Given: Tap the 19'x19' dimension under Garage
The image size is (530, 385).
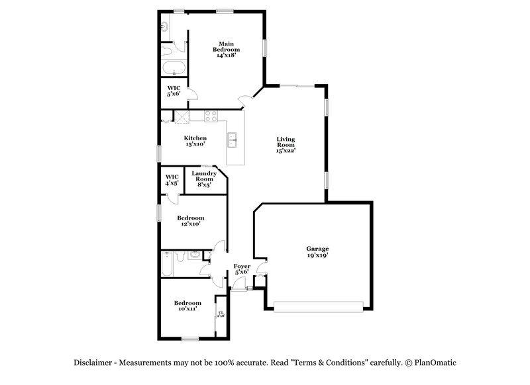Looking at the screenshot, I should coord(317,255).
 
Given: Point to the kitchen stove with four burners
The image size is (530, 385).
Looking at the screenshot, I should coord(211,116).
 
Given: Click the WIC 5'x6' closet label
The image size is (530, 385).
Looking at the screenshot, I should coord(174,91).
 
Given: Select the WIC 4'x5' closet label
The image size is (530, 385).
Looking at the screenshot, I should coord(172,179).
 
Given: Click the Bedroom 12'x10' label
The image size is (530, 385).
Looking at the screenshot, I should coord(190,220).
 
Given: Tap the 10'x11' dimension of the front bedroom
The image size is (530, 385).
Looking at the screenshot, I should coord(187,309).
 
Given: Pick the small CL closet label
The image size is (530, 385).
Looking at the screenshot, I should coord(221,314).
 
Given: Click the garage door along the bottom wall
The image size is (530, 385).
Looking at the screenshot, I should coord(319,307).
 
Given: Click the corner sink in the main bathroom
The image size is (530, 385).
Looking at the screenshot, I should coord(164,26).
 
